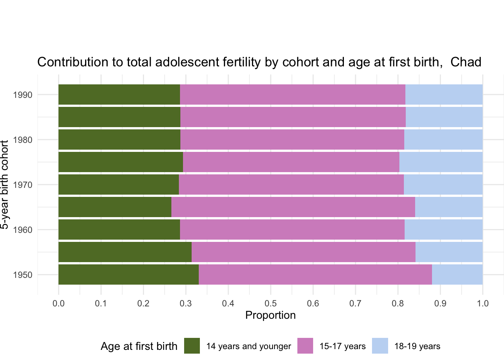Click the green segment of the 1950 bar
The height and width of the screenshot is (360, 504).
(129, 274)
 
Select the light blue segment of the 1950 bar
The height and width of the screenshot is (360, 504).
(457, 274)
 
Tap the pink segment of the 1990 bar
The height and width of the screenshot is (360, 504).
(292, 94)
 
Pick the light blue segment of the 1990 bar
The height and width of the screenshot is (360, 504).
(444, 94)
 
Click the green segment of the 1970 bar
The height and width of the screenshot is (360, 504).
(118, 184)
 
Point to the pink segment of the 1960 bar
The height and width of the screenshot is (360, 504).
(292, 229)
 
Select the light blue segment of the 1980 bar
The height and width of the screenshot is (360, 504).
(444, 139)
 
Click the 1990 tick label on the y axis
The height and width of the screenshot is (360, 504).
(22, 95)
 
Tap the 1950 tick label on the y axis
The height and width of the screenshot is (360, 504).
(22, 275)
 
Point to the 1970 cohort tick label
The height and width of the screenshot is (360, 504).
(22, 185)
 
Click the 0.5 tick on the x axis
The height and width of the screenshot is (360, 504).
(271, 303)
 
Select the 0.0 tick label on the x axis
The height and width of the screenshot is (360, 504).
(58, 303)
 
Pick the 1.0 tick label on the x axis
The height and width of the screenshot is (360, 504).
(483, 303)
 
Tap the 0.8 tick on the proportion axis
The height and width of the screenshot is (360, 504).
(398, 303)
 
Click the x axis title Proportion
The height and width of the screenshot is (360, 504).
(270, 315)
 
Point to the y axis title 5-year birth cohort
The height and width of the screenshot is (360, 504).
(4, 184)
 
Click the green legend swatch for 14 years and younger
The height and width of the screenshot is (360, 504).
(192, 346)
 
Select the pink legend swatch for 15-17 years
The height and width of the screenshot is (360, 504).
(305, 346)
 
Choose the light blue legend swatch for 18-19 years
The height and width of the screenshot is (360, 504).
(380, 346)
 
